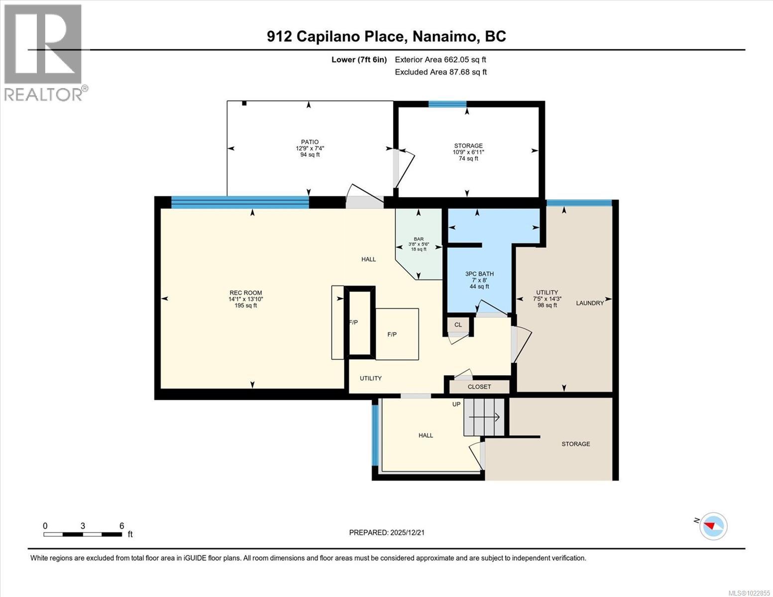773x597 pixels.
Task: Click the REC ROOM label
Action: [x=245, y=293]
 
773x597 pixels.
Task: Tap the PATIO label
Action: [x=310, y=142]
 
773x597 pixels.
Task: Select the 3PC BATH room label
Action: [x=479, y=274]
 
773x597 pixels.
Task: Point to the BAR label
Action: [x=418, y=239]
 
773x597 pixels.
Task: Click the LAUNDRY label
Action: [x=589, y=303]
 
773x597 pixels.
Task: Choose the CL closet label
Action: [x=458, y=325]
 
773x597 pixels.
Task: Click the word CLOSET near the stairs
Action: [x=479, y=387]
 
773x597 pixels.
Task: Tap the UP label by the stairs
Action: [x=456, y=404]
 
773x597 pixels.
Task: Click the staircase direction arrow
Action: [x=485, y=417]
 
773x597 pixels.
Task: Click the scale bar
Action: [x=83, y=534]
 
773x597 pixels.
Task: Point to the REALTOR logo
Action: [x=44, y=52]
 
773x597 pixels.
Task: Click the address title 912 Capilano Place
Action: [x=386, y=36]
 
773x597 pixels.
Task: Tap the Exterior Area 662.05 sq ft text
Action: [x=440, y=60]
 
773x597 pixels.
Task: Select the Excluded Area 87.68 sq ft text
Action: [x=441, y=72]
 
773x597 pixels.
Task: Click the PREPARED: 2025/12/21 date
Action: [x=386, y=532]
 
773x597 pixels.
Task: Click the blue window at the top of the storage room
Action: [x=447, y=104]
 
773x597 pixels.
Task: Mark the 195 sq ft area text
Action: [x=245, y=305]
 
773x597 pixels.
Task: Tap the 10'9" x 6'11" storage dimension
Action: [x=468, y=152]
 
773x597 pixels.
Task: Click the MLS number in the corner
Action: [x=749, y=592]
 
